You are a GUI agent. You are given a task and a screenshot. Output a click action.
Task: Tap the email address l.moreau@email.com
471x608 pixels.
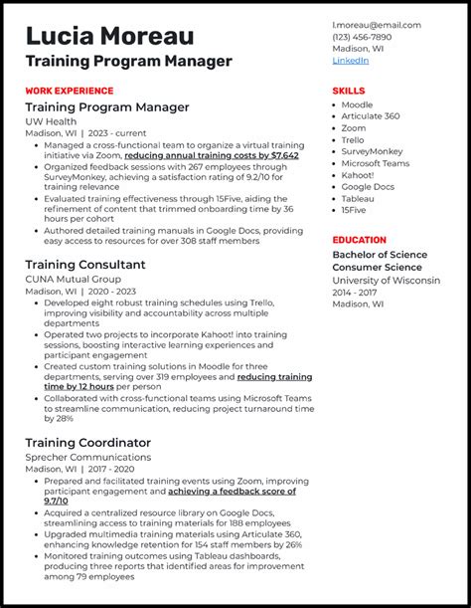tap(376, 26)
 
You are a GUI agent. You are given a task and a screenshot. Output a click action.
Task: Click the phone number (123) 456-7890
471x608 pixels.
tap(364, 38)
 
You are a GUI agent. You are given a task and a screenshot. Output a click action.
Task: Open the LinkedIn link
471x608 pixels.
tap(350, 60)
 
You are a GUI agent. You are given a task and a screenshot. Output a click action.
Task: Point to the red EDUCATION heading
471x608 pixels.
tap(359, 240)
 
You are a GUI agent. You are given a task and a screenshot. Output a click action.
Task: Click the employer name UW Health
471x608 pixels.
tap(53, 121)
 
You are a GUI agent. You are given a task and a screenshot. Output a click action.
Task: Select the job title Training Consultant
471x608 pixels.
tap(85, 265)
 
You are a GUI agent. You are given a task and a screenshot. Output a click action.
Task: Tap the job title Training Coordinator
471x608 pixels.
tap(88, 442)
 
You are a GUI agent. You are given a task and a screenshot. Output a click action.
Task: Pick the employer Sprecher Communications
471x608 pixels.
tap(88, 457)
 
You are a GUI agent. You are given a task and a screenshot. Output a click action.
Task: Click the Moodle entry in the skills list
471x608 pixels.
tap(357, 104)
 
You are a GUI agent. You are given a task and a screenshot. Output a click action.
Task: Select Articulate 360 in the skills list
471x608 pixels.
tap(371, 116)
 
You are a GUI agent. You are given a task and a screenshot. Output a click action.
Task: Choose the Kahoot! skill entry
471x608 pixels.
tap(358, 175)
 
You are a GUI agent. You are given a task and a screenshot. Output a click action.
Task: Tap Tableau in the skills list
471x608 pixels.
tap(358, 198)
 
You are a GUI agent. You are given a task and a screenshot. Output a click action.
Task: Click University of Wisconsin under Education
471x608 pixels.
tap(386, 281)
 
